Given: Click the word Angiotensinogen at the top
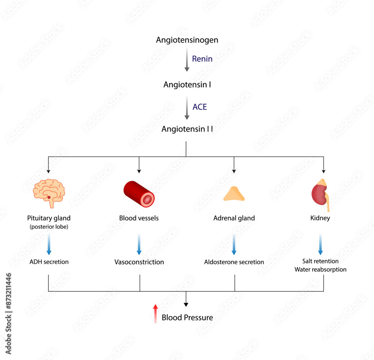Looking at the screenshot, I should click(187, 40).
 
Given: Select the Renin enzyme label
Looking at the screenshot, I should click(202, 59).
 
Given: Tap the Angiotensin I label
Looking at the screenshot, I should click(187, 84).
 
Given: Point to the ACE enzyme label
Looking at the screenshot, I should click(199, 107).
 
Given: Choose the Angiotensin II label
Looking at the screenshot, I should click(187, 129).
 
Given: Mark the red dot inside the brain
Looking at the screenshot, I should click(49, 197).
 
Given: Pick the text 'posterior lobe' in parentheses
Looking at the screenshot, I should click(49, 227).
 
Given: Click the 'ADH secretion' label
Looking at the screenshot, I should click(49, 262).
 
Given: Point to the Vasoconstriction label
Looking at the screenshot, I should click(139, 262).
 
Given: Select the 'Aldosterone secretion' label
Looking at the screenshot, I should click(234, 262).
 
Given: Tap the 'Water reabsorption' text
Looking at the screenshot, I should click(320, 269).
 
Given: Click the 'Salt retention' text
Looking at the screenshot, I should click(320, 261).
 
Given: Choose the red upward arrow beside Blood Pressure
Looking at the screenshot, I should click(155, 313).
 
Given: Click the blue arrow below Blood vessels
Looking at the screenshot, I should click(139, 244).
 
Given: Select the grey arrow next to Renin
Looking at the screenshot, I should click(187, 61).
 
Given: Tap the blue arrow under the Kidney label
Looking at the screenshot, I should click(321, 244).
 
